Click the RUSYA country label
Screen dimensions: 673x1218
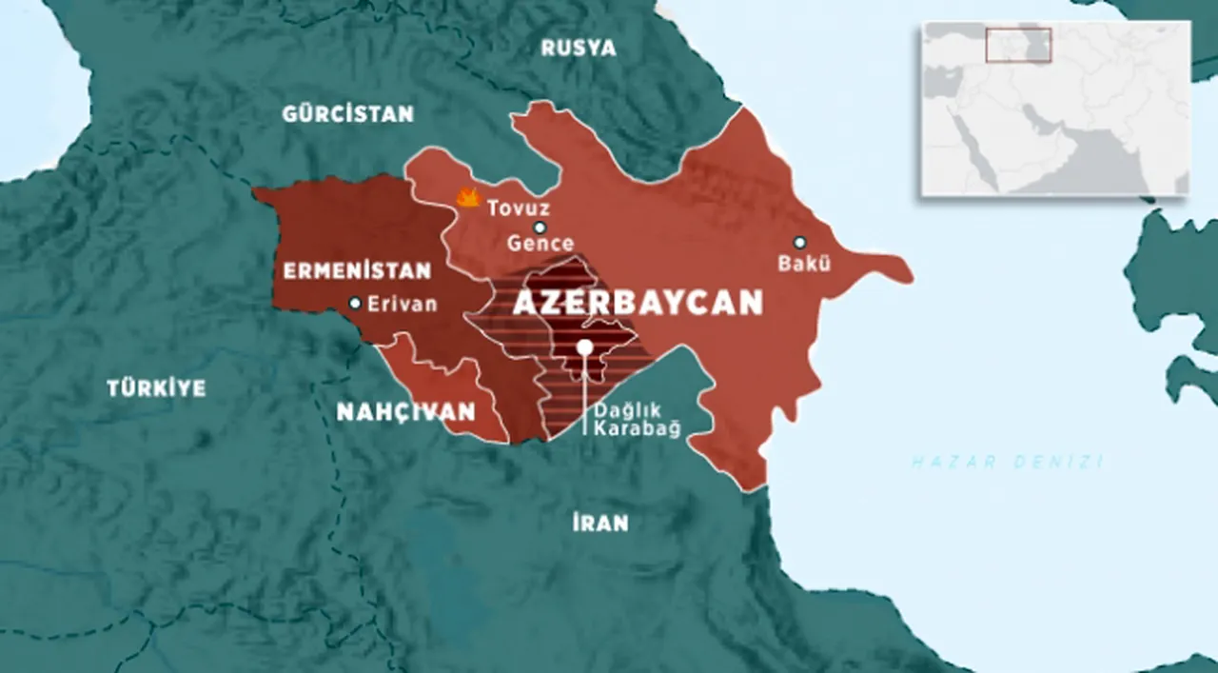(579, 48)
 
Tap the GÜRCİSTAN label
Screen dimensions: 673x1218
(347, 114)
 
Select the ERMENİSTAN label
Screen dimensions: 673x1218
(357, 271)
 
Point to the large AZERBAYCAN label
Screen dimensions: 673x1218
(638, 303)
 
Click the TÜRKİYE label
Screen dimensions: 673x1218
(156, 387)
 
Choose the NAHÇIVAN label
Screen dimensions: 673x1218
(405, 411)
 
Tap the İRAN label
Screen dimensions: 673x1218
(599, 523)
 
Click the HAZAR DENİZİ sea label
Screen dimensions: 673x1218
(1008, 462)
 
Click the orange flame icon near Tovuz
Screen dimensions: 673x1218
(467, 198)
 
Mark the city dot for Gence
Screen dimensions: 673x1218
(540, 228)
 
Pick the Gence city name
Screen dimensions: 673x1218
(540, 244)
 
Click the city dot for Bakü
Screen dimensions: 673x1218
(799, 242)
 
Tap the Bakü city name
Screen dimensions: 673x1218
(805, 264)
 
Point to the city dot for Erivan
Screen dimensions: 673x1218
(355, 304)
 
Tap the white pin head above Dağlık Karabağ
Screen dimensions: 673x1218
(584, 347)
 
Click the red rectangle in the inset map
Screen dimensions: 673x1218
(1018, 45)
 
